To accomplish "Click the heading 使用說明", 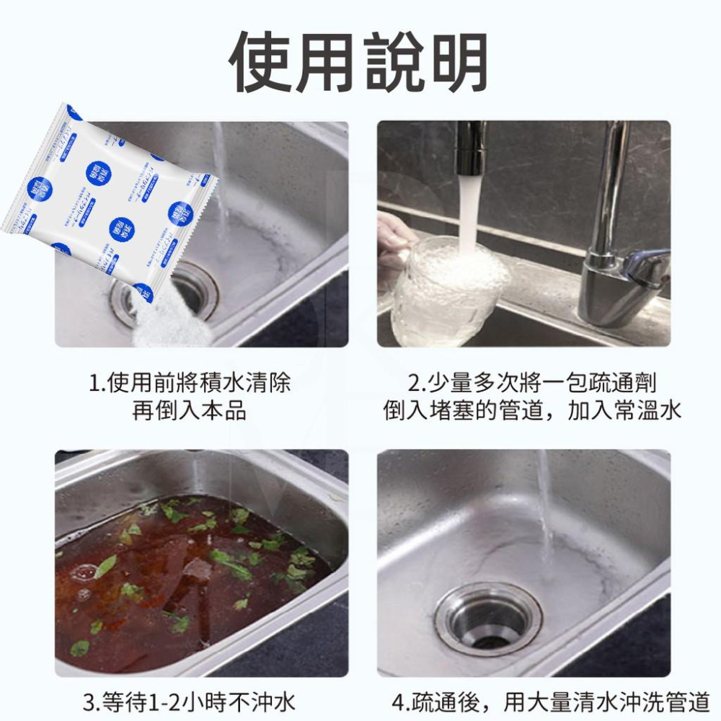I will [x=358, y=62].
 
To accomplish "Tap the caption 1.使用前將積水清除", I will [x=190, y=383].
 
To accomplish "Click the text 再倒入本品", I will [x=190, y=411].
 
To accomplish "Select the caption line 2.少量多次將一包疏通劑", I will [x=532, y=383].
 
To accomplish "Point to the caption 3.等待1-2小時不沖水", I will [x=190, y=702].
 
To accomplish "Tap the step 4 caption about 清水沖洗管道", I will [x=550, y=702].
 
